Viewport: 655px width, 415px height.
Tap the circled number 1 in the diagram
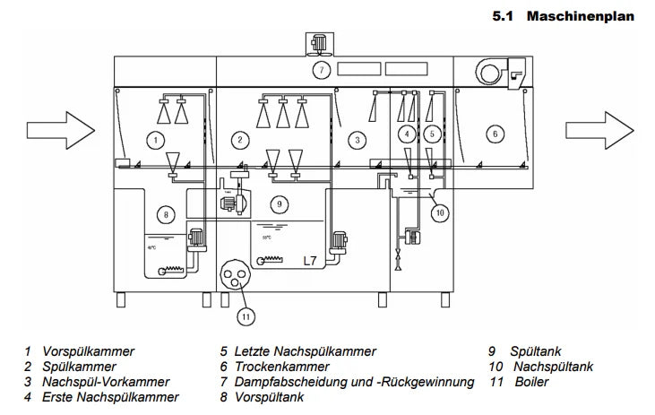click(x=156, y=140)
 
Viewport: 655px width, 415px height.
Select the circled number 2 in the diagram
click(x=239, y=139)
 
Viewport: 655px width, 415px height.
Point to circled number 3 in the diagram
click(x=357, y=139)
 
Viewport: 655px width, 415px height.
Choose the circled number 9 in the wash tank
click(x=280, y=204)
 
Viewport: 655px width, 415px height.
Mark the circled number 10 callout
click(x=440, y=213)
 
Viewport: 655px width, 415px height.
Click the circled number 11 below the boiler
click(x=245, y=315)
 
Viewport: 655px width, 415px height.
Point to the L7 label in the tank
click(x=309, y=261)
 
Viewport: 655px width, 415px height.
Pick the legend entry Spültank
click(x=537, y=351)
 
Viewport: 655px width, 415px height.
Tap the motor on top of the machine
click(x=319, y=41)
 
